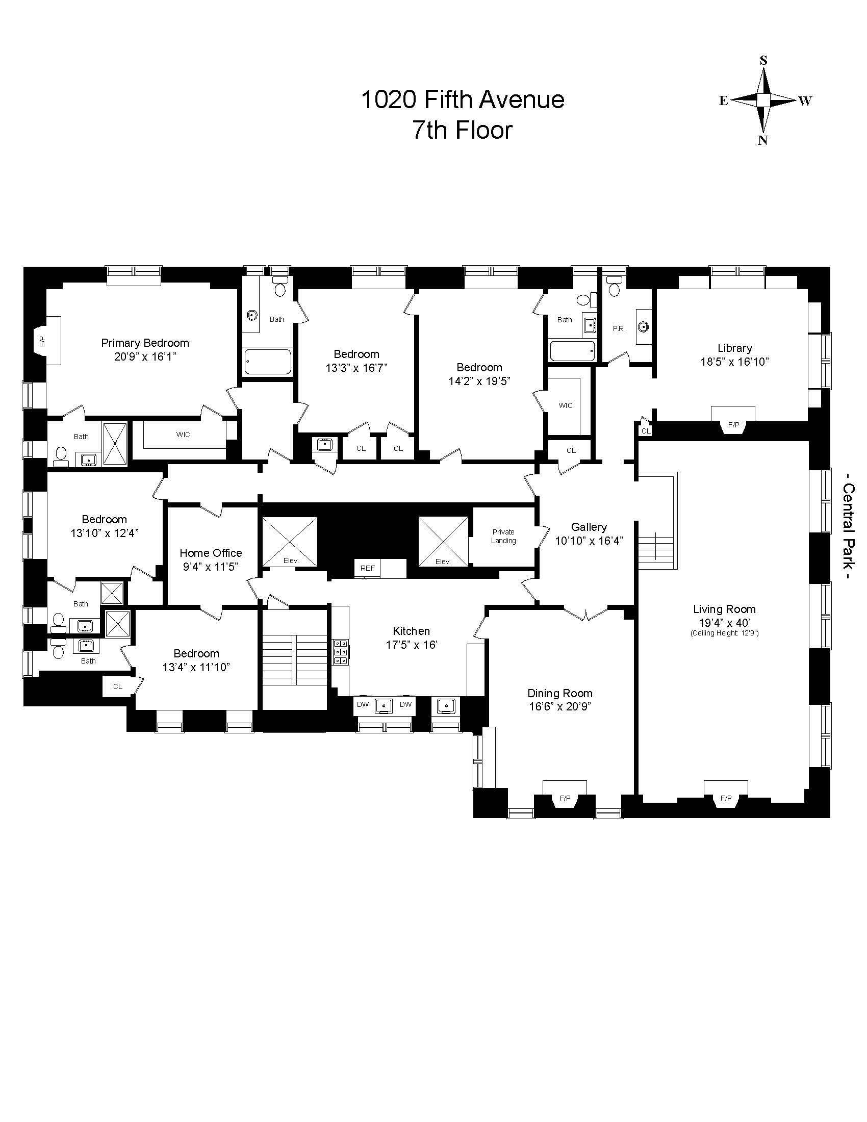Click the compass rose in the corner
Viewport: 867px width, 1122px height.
click(x=764, y=100)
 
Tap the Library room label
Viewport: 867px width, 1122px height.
click(x=734, y=348)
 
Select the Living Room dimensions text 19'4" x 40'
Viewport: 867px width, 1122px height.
click(x=724, y=623)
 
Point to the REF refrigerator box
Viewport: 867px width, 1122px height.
click(x=367, y=568)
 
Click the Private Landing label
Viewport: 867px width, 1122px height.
click(x=503, y=537)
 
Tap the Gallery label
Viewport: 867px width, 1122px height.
click(x=589, y=527)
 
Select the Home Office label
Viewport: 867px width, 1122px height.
click(x=211, y=553)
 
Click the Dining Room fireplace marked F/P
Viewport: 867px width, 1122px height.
click(x=565, y=798)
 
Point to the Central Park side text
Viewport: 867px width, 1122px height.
click(x=849, y=532)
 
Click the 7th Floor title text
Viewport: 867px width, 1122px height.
click(x=463, y=130)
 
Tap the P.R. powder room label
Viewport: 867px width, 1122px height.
click(x=619, y=329)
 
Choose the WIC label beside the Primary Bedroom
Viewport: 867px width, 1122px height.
click(x=183, y=435)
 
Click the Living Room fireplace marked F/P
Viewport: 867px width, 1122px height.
click(x=726, y=798)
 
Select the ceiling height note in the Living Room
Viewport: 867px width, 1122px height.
click(x=724, y=633)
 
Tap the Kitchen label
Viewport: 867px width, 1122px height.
click(x=411, y=631)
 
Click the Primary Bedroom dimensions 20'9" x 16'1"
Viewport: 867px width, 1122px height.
click(x=145, y=356)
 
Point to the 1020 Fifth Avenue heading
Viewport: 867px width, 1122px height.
click(x=463, y=99)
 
